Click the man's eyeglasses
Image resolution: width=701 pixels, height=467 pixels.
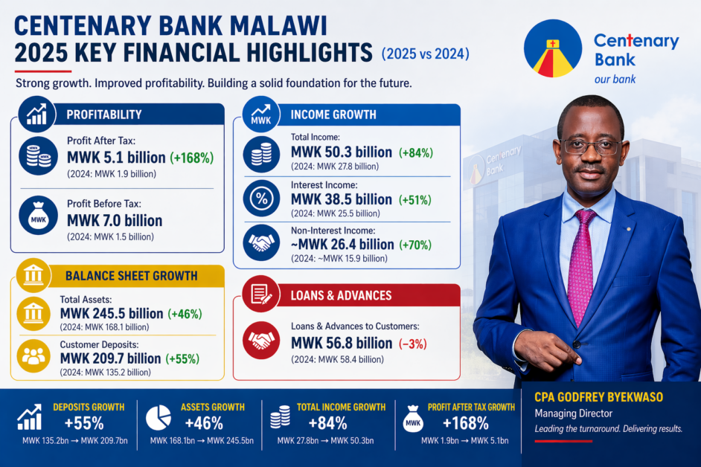(x=591, y=146)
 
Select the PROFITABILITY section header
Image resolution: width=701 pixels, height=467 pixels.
(x=104, y=115)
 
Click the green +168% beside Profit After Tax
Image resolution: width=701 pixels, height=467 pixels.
(x=192, y=158)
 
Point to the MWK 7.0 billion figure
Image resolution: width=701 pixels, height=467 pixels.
(x=115, y=221)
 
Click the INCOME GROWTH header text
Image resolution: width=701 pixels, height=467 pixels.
(x=333, y=115)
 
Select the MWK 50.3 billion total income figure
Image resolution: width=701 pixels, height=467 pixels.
(x=342, y=152)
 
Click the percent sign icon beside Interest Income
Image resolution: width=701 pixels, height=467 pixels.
(x=262, y=199)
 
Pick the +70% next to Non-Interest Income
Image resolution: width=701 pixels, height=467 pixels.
(x=415, y=245)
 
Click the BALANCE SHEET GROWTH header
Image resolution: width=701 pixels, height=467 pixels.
(x=132, y=276)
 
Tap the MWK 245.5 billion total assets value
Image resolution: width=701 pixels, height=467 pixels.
(x=111, y=313)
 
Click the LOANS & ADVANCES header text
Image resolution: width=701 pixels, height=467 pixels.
(x=341, y=295)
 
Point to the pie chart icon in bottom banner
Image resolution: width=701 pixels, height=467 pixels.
(x=157, y=419)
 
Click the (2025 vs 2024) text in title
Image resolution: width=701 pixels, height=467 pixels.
(x=425, y=54)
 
